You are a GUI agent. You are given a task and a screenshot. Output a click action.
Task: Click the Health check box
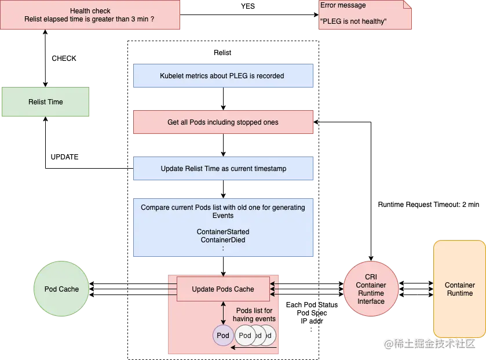pos(90,14)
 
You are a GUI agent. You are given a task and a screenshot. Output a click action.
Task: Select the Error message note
pos(364,14)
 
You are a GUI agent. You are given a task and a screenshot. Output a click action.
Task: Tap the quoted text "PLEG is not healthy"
pos(353,22)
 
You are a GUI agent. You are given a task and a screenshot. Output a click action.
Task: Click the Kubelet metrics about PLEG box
pos(224,75)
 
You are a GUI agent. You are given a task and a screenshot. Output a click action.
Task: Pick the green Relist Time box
pos(46,102)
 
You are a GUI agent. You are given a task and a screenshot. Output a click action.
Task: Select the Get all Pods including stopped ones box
pos(224,122)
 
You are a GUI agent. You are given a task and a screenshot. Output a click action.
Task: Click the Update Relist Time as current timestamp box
pos(224,169)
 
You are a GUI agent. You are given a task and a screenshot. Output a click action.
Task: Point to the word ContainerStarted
pos(223,232)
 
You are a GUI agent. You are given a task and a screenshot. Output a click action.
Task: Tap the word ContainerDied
pos(223,240)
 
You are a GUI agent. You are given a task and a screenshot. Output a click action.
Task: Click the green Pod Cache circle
pos(62,289)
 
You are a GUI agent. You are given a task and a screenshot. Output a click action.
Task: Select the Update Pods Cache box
pos(223,289)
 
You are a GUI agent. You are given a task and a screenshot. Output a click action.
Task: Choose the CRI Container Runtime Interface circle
pos(371,289)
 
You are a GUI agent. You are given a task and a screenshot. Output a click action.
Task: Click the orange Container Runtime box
pos(459,289)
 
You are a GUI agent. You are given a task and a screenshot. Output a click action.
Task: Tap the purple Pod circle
pos(223,335)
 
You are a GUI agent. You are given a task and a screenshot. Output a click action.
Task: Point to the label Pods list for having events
pos(254,315)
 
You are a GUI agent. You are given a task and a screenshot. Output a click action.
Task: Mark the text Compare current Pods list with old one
pos(223,207)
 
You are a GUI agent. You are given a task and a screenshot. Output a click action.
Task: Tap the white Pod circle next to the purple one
pos(245,335)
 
